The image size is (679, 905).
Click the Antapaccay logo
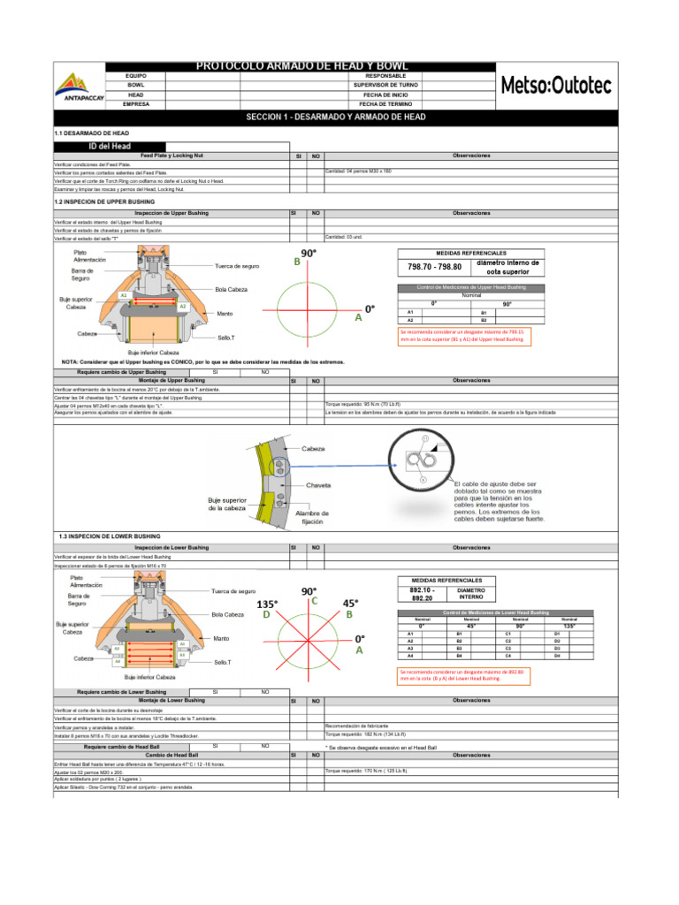(x=80, y=88)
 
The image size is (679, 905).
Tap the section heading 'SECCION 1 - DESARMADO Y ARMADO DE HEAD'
(x=336, y=117)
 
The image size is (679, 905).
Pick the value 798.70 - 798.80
(x=434, y=266)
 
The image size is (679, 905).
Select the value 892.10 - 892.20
(x=425, y=593)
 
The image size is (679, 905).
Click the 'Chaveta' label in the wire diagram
(x=318, y=485)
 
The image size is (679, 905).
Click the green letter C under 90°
(x=313, y=601)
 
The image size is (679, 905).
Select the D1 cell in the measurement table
(x=557, y=635)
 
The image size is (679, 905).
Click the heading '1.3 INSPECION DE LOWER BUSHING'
(x=109, y=536)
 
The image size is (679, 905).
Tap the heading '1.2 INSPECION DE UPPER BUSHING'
(x=110, y=202)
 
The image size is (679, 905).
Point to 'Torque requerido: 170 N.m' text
(x=364, y=772)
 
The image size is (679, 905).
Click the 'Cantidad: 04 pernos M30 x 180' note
(x=362, y=171)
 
